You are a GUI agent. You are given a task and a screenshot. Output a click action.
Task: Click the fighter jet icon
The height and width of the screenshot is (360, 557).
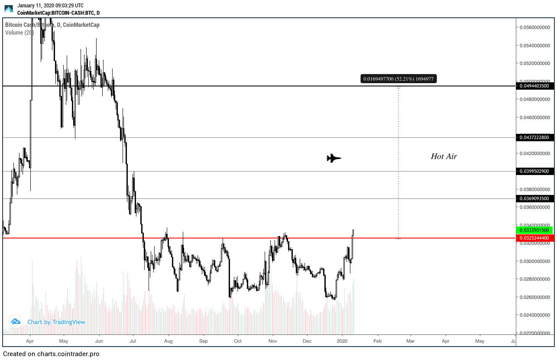point(334,158)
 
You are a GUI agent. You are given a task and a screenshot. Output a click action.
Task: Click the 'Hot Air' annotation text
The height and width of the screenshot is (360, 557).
point(444,156)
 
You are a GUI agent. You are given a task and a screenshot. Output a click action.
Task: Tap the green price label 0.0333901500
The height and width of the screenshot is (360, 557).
point(535,230)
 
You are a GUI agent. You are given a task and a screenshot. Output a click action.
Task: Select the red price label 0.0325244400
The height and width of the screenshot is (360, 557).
point(535,238)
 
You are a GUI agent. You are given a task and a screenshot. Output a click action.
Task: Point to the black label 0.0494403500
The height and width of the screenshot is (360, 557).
point(535,86)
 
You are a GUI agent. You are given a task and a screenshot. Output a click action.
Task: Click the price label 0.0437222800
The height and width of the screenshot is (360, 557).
point(535,137)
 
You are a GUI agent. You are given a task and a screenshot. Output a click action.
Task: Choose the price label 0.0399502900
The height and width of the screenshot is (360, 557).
point(535,171)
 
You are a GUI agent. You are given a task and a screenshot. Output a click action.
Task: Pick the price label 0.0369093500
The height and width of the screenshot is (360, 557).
point(535,198)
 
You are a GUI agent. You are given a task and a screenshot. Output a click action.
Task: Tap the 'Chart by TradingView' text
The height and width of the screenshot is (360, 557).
point(56,322)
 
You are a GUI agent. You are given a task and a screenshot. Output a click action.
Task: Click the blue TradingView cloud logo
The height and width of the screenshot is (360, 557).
point(16,321)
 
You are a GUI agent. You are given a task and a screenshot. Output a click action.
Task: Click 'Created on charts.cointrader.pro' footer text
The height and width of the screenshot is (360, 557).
point(51,354)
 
